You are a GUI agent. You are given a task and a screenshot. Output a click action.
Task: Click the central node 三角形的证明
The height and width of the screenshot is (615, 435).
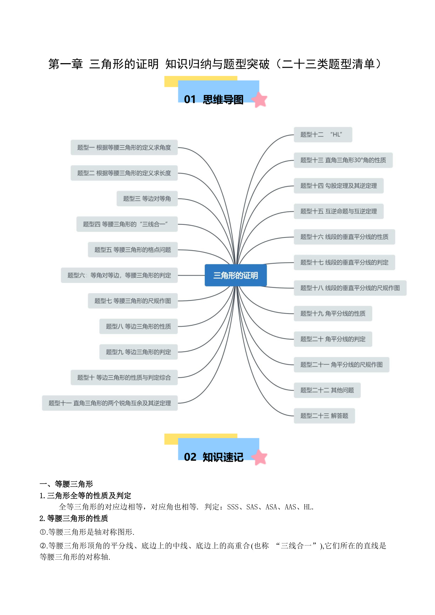coord(236,275)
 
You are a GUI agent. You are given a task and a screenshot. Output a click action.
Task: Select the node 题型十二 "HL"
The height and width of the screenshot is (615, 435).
coord(323,135)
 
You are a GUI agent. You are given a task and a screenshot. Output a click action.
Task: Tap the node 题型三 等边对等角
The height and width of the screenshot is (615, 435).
coord(147,198)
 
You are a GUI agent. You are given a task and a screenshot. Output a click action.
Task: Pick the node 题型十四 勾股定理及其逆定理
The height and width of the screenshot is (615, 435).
coord(339,186)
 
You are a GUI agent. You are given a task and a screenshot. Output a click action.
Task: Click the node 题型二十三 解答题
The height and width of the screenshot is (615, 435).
coord(324,416)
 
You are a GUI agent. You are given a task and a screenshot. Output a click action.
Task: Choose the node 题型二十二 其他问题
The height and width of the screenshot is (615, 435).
coord(327,390)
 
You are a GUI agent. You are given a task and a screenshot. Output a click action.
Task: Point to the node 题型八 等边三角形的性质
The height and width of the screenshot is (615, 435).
coord(138,326)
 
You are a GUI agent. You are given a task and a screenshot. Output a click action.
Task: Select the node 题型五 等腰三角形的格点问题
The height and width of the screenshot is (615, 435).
coord(133,250)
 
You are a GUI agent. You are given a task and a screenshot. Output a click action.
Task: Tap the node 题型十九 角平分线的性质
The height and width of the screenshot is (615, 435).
coord(333,313)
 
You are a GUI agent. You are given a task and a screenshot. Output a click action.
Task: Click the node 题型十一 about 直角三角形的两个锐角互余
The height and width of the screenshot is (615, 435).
coord(110,403)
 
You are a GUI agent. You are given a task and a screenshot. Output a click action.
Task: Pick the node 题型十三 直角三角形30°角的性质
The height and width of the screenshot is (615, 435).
coord(343,160)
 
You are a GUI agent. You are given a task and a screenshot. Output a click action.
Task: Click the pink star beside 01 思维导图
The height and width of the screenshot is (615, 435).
coord(259,100)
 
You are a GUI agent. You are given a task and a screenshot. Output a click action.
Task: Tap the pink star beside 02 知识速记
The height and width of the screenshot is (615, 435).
coord(259,457)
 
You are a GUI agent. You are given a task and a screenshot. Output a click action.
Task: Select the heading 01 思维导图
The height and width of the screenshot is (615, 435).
coord(214,100)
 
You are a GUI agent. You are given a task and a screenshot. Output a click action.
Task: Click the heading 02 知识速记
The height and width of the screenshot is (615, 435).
coord(214,457)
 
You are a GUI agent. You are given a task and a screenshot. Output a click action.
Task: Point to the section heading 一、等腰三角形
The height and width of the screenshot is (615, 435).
coord(66,484)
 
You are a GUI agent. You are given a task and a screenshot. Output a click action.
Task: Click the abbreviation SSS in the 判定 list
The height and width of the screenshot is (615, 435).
coord(233,507)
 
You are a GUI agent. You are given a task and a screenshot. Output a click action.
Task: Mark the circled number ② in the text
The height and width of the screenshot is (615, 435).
coord(43,546)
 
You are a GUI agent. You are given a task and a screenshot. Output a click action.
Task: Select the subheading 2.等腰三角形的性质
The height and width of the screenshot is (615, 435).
coord(74,519)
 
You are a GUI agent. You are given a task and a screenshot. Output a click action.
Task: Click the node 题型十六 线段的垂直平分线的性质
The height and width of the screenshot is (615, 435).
coord(344,237)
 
